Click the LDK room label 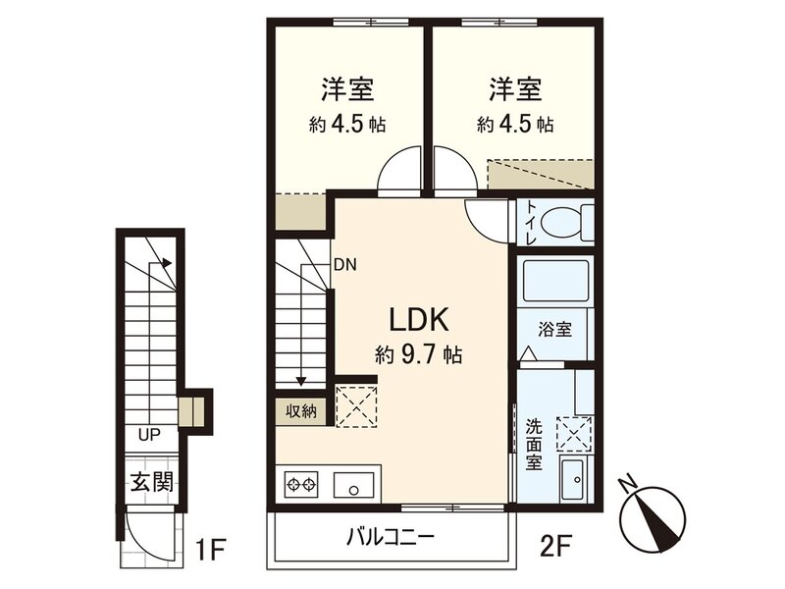[x=420, y=320]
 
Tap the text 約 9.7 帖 [x=420, y=354]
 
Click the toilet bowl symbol [x=563, y=222]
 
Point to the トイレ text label [x=530, y=221]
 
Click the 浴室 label [x=554, y=329]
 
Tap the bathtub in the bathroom [x=554, y=284]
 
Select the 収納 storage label [x=301, y=411]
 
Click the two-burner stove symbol [x=304, y=484]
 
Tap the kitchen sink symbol [x=355, y=484]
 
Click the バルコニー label [x=390, y=538]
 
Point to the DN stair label [x=344, y=264]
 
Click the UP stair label [x=149, y=433]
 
